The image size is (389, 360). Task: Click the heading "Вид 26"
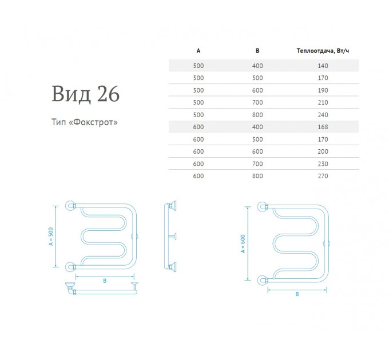point(85,94)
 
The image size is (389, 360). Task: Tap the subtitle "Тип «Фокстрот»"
point(84,122)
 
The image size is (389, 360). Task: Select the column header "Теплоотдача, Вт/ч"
point(323,51)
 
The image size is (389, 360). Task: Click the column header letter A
point(199,51)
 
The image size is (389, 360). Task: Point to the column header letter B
point(257,51)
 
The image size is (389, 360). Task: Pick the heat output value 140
point(323,66)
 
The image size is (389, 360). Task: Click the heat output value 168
point(323,127)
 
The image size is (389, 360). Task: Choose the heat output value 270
point(323,176)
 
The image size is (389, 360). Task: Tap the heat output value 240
point(323,115)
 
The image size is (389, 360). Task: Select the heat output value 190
point(323,90)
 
